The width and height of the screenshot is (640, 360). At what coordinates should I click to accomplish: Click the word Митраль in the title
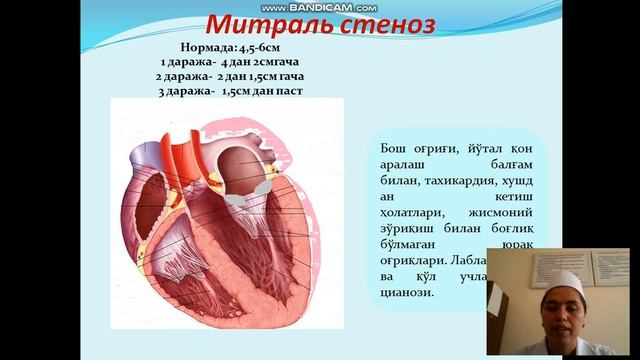tap(263, 24)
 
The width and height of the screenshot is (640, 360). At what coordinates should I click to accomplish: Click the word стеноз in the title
tap(382, 24)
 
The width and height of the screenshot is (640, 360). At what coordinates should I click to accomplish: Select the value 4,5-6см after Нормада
tap(266, 46)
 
